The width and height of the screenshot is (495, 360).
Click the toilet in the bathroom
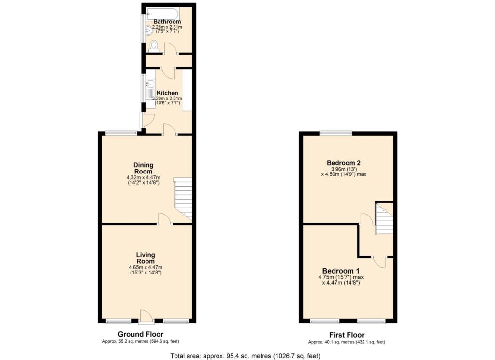pos(154,45)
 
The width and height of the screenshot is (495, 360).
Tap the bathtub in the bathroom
pos(162,14)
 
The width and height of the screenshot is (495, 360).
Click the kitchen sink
pos(150,84)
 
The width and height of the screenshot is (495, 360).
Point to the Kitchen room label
pos(167,93)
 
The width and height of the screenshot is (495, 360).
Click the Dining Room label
pos(143,168)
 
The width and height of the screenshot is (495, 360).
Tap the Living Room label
pos(146,258)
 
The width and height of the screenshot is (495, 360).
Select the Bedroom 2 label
pos(344,163)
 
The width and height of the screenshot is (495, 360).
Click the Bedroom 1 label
pos(341,271)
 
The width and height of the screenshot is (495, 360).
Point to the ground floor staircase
pos(183,199)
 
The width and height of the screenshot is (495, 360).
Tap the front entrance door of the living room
pos(146,317)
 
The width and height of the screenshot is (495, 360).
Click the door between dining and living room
pos(164,218)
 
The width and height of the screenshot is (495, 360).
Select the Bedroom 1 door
pos(379,262)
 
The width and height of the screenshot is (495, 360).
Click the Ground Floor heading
pos(141,334)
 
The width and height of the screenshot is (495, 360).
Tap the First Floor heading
pos(347,335)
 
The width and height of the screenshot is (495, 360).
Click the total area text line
pos(245,356)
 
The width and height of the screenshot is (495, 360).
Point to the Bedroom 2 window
pos(335,133)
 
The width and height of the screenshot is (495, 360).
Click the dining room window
pos(121,133)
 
